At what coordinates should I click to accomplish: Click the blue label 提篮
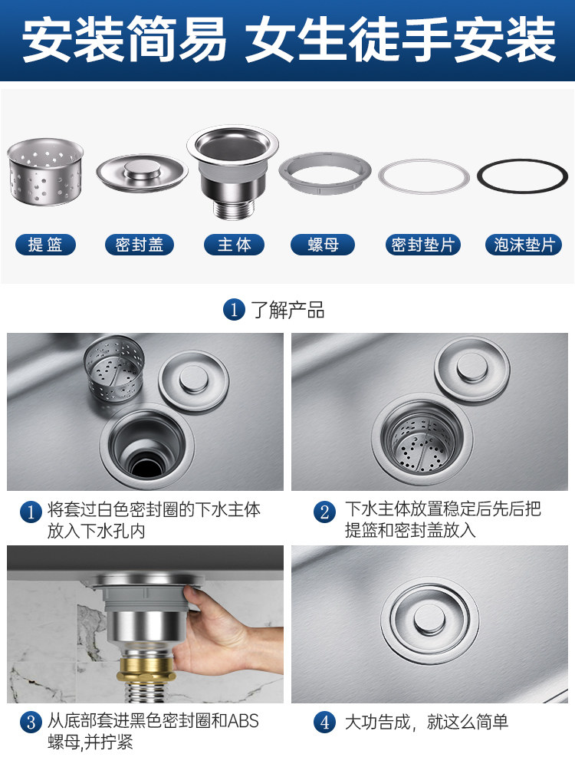click(x=45, y=245)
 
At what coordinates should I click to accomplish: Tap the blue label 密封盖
click(x=140, y=245)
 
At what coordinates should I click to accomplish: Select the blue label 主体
click(x=234, y=245)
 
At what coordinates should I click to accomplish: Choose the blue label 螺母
click(x=323, y=245)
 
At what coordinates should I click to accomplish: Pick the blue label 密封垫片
click(x=423, y=245)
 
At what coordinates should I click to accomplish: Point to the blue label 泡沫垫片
click(x=524, y=245)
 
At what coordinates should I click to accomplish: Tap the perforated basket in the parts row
click(x=45, y=171)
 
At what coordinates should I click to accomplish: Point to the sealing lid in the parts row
click(x=142, y=172)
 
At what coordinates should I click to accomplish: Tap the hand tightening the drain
click(x=215, y=636)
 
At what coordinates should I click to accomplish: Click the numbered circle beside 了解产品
click(x=234, y=310)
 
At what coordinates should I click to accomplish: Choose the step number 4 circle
click(x=324, y=722)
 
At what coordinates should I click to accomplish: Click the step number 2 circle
click(x=324, y=512)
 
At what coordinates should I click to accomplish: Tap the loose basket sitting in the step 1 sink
click(x=114, y=370)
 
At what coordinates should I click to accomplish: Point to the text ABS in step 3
click(x=243, y=721)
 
